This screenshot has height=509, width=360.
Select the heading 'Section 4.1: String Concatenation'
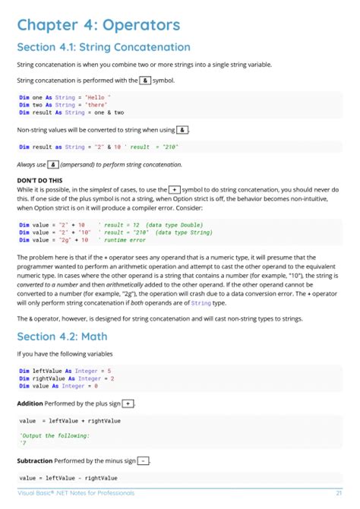coord(103,47)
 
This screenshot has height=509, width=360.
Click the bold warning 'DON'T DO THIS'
coord(39,179)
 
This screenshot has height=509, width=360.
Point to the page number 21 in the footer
coord(337,493)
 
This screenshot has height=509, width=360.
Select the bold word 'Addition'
coord(30,403)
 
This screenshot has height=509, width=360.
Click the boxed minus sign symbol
coord(144,460)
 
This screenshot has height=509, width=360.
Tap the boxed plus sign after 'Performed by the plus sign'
coord(128,403)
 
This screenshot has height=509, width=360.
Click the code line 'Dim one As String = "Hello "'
coord(65,97)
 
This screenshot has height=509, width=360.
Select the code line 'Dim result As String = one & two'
coord(71,112)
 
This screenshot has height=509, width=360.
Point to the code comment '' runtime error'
coord(126,239)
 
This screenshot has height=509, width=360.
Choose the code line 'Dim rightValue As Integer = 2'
coord(67,378)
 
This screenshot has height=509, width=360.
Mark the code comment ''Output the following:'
coord(55,435)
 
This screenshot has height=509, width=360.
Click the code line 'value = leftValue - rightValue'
coord(68,478)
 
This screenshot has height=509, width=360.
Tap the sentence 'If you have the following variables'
coord(64,354)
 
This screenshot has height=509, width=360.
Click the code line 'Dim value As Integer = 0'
coord(63,386)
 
